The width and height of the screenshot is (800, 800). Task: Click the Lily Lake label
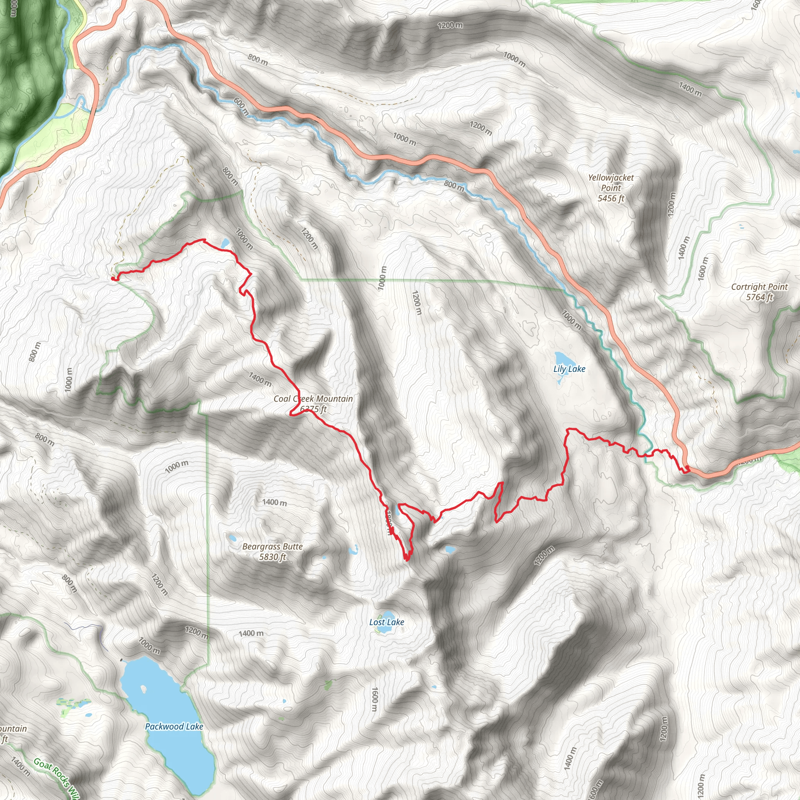tap(570, 369)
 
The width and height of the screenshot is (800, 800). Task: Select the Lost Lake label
tap(386, 622)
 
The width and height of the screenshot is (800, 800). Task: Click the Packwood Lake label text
tap(174, 726)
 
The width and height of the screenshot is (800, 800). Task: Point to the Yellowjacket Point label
tap(611, 187)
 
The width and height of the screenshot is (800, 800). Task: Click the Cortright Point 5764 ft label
tap(759, 291)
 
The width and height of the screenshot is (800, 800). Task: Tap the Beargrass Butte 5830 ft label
tap(273, 552)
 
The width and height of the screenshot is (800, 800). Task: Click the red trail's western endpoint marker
tap(113, 279)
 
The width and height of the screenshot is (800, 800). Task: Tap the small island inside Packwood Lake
tap(144, 689)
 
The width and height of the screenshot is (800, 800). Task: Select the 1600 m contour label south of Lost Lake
tap(374, 699)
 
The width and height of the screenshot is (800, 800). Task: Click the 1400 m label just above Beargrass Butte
tap(274, 502)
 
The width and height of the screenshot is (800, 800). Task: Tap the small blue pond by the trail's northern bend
tap(225, 243)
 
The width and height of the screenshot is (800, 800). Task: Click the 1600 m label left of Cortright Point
tap(703, 269)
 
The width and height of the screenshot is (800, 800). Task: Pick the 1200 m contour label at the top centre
tap(450, 25)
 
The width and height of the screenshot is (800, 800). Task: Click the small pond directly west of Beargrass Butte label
tap(232, 538)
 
